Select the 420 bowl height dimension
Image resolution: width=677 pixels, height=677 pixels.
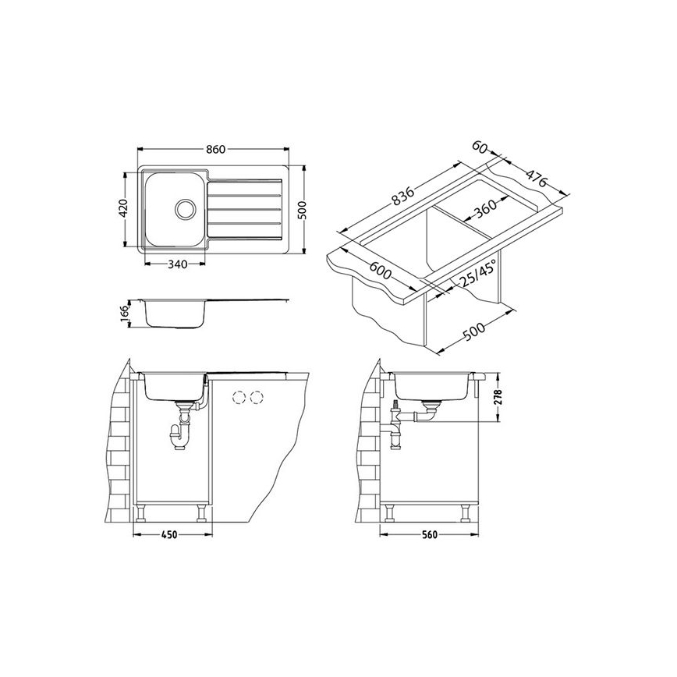(123, 209)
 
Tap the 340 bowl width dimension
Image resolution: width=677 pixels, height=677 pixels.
(177, 264)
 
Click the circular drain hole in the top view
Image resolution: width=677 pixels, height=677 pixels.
(186, 209)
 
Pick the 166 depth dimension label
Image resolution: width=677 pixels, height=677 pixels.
(124, 313)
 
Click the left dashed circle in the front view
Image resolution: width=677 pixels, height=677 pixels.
(237, 398)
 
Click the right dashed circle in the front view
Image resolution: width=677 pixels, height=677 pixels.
(254, 398)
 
